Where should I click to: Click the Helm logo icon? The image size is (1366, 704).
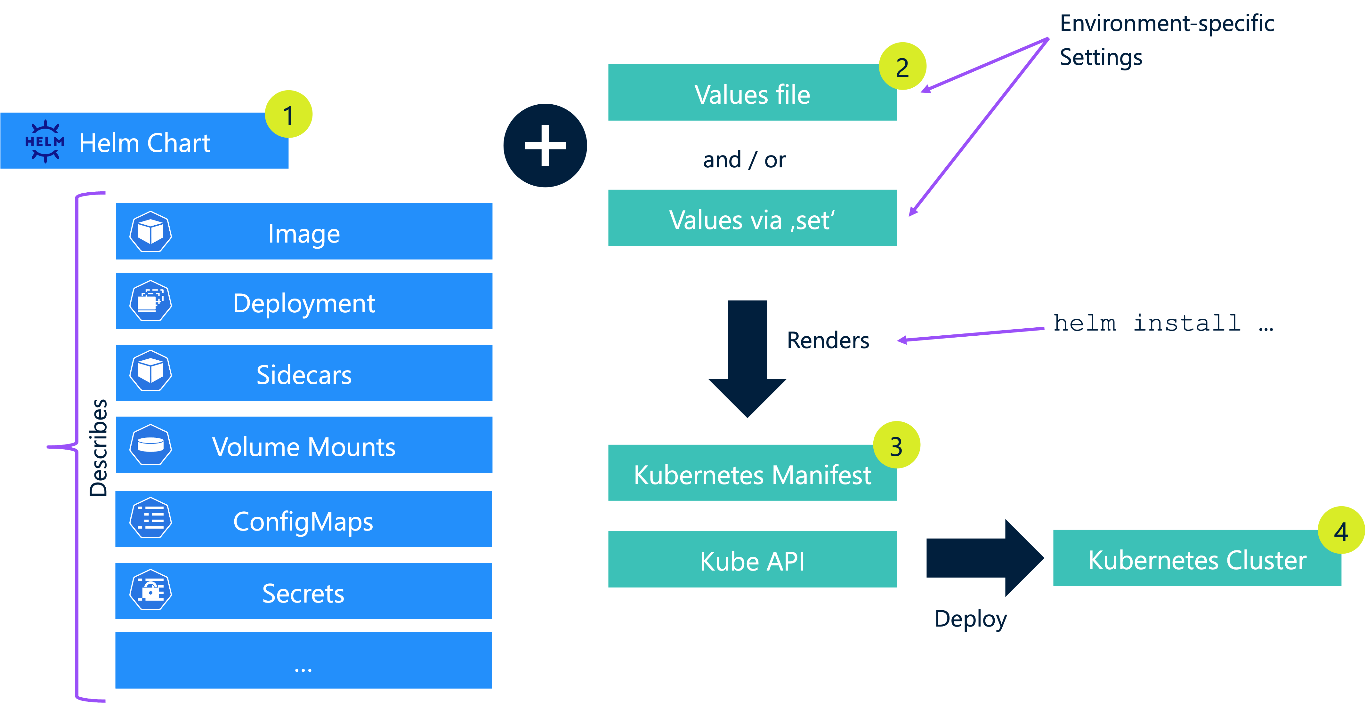click(45, 141)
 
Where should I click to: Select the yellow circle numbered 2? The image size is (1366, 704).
click(902, 66)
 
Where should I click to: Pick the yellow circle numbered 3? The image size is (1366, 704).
click(896, 445)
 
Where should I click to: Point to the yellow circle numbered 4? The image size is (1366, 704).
click(1341, 531)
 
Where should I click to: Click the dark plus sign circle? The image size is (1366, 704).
click(545, 145)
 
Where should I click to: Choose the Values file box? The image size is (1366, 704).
click(752, 93)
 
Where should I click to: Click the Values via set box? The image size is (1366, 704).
click(752, 219)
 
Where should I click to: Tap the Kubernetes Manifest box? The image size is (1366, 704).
click(752, 473)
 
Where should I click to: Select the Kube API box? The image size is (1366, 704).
click(752, 560)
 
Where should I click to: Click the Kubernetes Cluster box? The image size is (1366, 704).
click(1197, 559)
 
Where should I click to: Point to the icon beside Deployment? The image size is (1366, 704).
click(150, 301)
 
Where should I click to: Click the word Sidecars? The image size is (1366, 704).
click(304, 374)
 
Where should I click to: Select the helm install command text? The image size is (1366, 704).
click(1161, 324)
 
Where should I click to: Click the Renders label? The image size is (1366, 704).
click(828, 340)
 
